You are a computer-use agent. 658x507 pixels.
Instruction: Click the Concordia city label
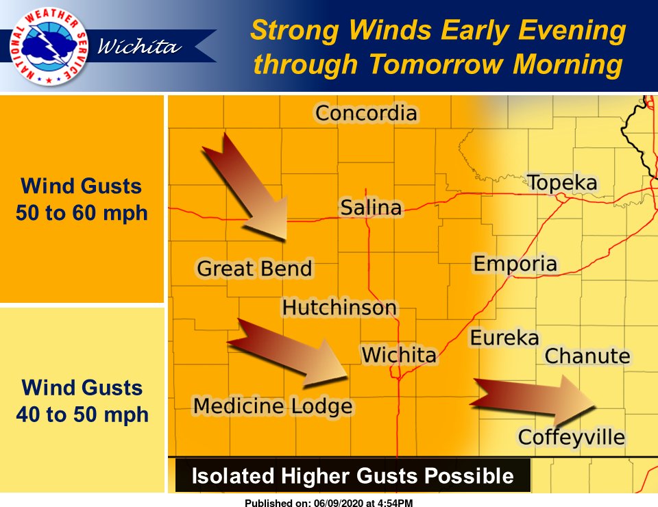[x=366, y=113]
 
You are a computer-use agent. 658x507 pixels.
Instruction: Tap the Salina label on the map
[x=371, y=208]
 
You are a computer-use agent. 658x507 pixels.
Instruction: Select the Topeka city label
[x=561, y=184]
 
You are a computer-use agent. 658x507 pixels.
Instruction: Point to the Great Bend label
[x=254, y=269]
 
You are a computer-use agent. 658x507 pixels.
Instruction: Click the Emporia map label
[x=515, y=264]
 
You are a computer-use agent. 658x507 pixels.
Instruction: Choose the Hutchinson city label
[x=339, y=308]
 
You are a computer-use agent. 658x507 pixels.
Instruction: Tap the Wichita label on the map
[x=398, y=355]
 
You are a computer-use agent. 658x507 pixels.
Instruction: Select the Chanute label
[x=587, y=356]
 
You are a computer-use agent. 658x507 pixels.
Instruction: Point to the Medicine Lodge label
[x=273, y=406]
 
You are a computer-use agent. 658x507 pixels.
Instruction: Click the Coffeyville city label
[x=571, y=437]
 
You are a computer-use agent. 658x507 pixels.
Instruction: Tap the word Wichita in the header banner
[x=140, y=47]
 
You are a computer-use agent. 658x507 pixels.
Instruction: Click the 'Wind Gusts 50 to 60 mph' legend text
[x=82, y=199]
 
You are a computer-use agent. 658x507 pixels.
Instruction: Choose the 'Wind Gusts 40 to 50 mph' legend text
[x=82, y=401]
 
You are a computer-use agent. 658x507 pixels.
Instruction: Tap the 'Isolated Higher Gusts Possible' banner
[x=352, y=475]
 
